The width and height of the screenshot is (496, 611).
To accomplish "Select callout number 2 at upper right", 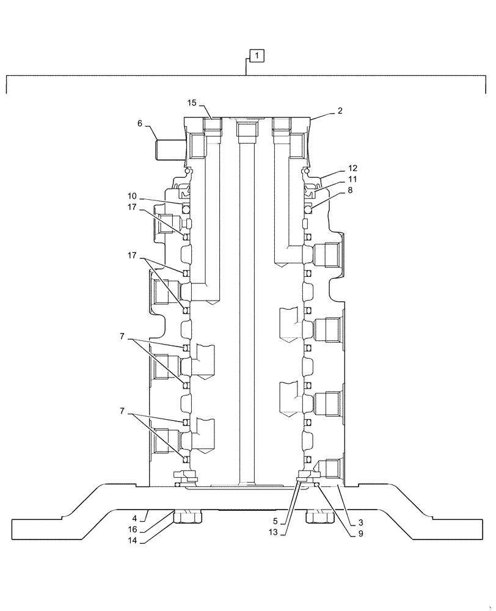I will pyautogui.click(x=340, y=111).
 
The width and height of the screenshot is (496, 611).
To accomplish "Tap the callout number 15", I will pyautogui.click(x=192, y=102).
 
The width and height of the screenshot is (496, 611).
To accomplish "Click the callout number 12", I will pyautogui.click(x=352, y=167).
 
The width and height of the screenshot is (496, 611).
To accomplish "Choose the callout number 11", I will pyautogui.click(x=352, y=179).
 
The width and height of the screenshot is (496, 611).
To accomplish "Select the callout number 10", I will pyautogui.click(x=132, y=196).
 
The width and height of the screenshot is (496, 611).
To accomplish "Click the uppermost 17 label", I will pyautogui.click(x=132, y=207).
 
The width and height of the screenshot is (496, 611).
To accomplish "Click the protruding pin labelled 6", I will pyautogui.click(x=169, y=149).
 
